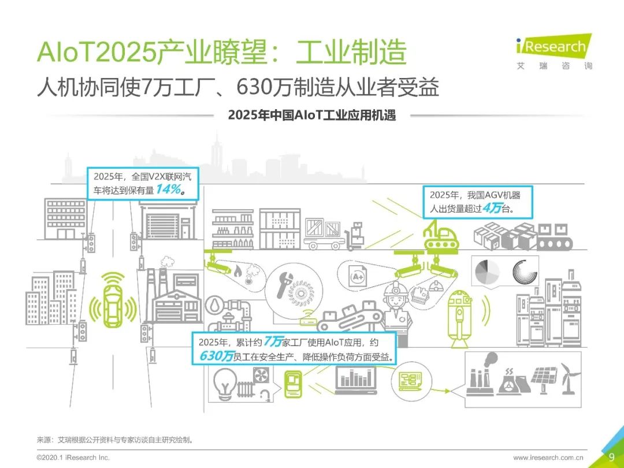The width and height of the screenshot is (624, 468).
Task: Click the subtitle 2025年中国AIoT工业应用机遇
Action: point(312,115)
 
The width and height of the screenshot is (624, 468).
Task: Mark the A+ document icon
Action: point(358,277)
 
